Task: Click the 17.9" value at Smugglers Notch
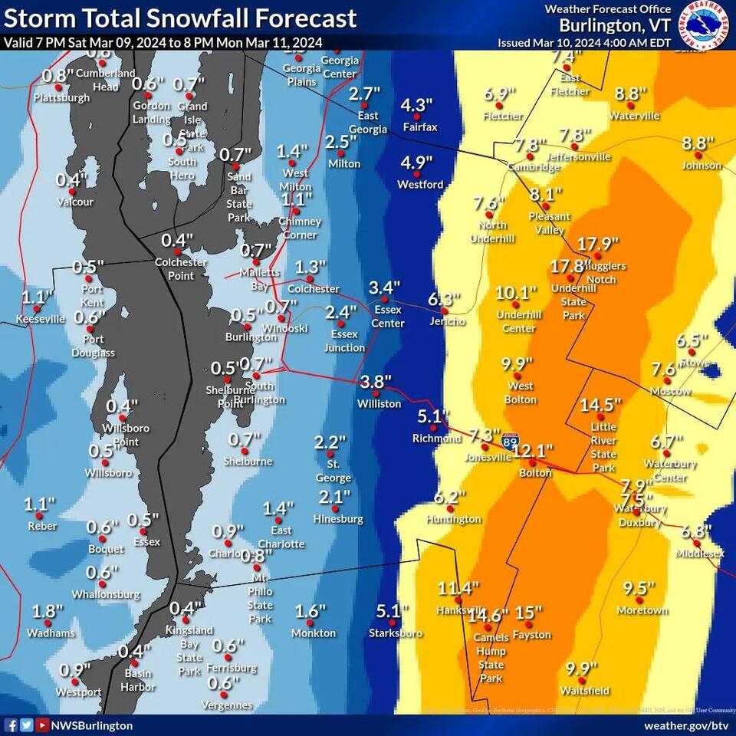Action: [x=598, y=245]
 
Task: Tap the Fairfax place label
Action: [x=419, y=127]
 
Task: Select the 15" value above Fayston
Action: [x=529, y=613]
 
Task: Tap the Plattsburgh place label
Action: [x=61, y=98]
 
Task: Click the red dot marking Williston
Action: [x=379, y=392]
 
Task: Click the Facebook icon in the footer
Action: [x=11, y=725]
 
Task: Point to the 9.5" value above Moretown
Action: [x=639, y=589]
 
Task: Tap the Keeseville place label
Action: [x=41, y=319]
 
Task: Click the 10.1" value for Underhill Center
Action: [x=515, y=293]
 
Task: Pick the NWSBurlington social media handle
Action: [x=93, y=725]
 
